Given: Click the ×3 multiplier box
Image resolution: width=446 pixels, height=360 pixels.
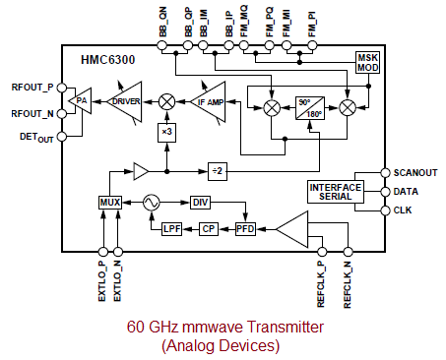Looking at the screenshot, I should pyautogui.click(x=167, y=133).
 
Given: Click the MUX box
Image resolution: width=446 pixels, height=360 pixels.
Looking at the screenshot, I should pyautogui.click(x=109, y=202).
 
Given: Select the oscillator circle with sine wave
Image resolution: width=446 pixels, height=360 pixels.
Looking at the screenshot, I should pyautogui.click(x=153, y=202).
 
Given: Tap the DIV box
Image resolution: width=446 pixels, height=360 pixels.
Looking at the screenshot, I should pyautogui.click(x=200, y=202).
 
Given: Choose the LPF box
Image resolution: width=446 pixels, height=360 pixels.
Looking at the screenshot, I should pyautogui.click(x=174, y=228).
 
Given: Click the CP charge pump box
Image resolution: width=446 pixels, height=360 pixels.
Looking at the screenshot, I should pyautogui.click(x=208, y=228).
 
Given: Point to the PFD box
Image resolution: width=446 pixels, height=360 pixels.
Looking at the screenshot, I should pyautogui.click(x=245, y=228).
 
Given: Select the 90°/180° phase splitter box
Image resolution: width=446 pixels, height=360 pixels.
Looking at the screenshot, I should pyautogui.click(x=309, y=107).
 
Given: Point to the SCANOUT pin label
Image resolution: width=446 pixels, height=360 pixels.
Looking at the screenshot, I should pyautogui.click(x=414, y=172).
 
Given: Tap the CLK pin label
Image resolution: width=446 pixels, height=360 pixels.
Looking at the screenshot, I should pyautogui.click(x=403, y=210).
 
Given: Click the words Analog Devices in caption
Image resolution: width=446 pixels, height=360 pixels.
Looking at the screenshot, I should pyautogui.click(x=222, y=346).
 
